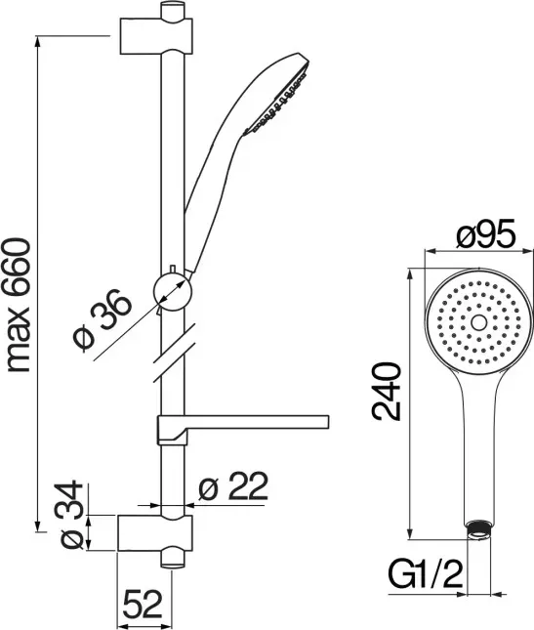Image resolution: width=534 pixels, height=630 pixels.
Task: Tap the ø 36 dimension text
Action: [103, 318]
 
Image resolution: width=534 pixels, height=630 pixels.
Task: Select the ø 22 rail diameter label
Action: [233, 485]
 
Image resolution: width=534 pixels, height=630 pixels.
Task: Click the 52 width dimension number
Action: [143, 604]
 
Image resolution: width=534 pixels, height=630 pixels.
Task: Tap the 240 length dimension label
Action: [387, 392]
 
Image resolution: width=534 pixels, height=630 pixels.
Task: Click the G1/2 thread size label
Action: [426, 574]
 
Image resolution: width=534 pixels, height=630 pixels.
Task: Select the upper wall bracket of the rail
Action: [156, 36]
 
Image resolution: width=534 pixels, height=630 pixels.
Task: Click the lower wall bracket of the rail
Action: [155, 532]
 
